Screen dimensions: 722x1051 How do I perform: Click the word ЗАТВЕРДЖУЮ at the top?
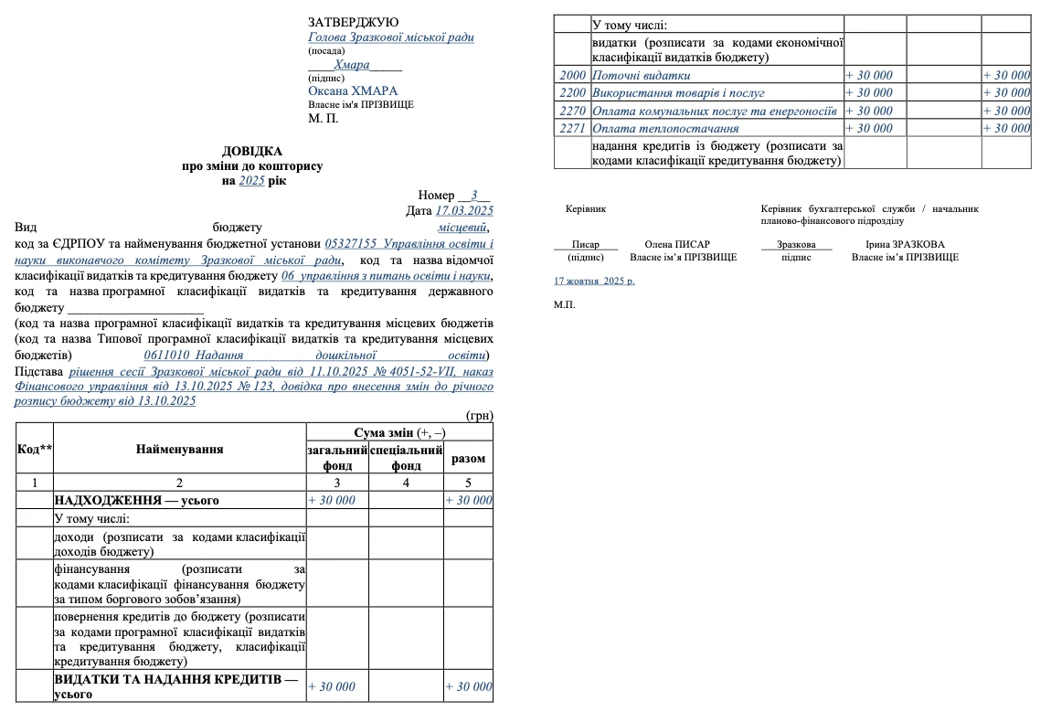(353, 22)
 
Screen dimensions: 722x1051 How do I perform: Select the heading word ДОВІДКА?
(252, 152)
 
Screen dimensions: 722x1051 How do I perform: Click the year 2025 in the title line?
(251, 181)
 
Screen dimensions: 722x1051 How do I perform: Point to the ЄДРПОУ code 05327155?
(351, 244)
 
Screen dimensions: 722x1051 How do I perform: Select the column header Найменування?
(179, 449)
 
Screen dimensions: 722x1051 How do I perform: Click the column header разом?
(469, 459)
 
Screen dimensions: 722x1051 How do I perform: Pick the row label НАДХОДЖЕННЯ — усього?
(136, 500)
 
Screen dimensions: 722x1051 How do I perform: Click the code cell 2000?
(572, 75)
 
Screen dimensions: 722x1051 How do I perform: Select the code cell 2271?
(572, 128)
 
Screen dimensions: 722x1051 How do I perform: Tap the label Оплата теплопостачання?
(651, 128)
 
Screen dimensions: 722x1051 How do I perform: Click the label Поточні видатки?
(641, 75)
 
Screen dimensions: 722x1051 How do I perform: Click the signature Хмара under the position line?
(352, 65)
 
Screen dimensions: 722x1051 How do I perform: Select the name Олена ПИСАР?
(677, 244)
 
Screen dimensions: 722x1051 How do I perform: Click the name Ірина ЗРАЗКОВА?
(905, 244)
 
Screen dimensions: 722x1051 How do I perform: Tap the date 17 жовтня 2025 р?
(594, 281)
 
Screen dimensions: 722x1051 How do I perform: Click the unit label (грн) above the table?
(480, 415)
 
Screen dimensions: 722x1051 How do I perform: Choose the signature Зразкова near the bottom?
(796, 244)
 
